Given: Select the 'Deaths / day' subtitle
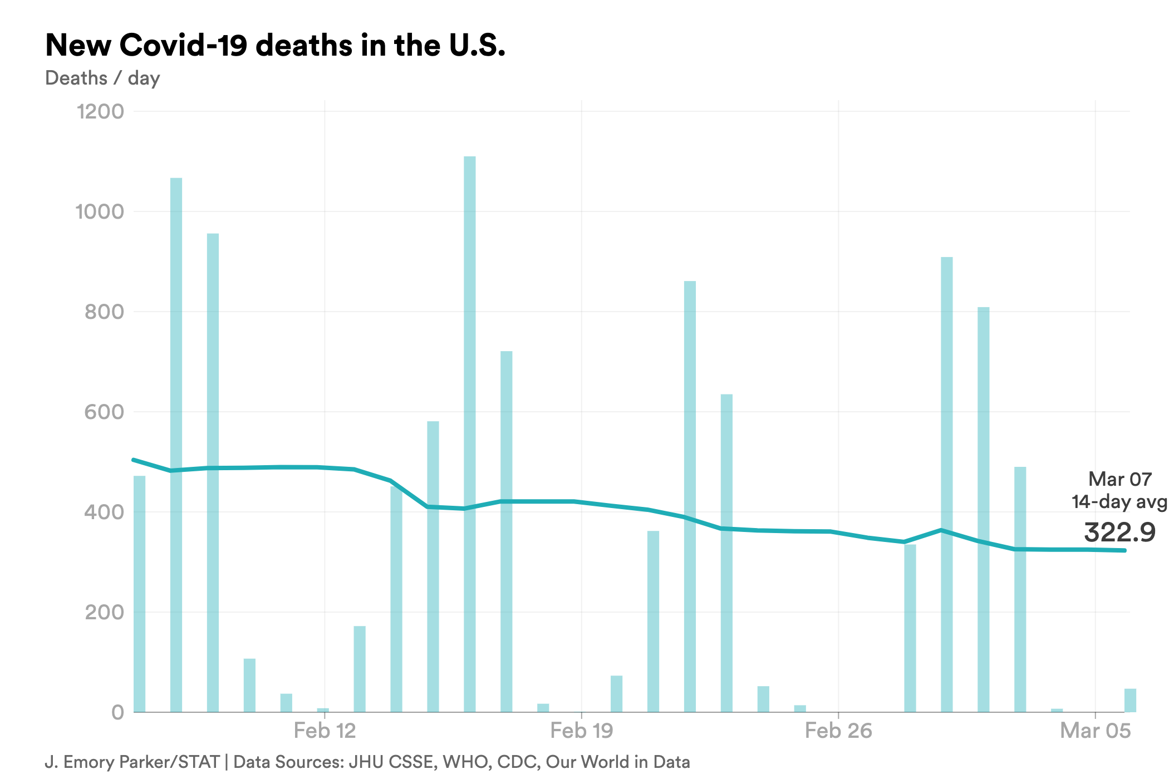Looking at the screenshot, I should (x=102, y=78).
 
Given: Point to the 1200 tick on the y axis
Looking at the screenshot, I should (x=100, y=111).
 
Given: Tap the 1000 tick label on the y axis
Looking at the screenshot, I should (x=100, y=211).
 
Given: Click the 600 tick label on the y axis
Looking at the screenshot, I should (x=104, y=412).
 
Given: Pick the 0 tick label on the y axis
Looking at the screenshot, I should (x=117, y=712).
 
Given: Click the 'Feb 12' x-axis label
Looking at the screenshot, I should (x=325, y=731).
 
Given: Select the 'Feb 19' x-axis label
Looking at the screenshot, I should (x=582, y=731).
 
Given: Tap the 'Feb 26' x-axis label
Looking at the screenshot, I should (x=838, y=731).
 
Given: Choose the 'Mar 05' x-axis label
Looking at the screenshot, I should (x=1095, y=731).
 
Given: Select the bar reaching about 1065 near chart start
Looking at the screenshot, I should (x=176, y=445).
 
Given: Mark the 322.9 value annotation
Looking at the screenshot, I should (x=1119, y=533).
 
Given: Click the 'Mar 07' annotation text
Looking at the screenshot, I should (x=1119, y=479).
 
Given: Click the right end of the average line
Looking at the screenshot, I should (x=1124, y=550).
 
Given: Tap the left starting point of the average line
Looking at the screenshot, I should (x=134, y=460).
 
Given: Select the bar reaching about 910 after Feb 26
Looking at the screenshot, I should (x=946, y=484).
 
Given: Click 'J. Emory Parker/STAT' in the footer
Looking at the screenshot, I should (x=132, y=762).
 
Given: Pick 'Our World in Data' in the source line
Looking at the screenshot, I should (x=618, y=762).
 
